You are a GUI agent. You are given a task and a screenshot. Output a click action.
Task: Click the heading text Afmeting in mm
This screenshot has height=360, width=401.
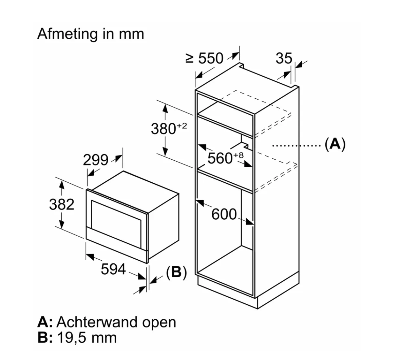pyautogui.click(x=91, y=34)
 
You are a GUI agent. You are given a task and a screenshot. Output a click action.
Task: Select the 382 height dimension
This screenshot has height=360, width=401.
pyautogui.click(x=62, y=204)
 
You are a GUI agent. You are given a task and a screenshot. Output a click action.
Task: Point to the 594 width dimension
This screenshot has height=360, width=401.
pyautogui.click(x=113, y=270)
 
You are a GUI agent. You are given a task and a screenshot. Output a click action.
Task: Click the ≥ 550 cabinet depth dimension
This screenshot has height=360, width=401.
pyautogui.click(x=204, y=58)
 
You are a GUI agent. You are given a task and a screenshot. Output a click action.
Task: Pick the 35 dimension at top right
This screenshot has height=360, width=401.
pyautogui.click(x=284, y=58)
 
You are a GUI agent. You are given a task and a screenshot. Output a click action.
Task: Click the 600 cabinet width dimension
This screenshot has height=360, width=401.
pyautogui.click(x=224, y=214)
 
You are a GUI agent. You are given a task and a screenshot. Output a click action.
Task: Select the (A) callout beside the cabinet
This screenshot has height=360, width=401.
pyautogui.click(x=335, y=144)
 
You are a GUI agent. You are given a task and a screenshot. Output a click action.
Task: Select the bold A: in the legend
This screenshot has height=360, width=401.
pyautogui.click(x=45, y=322)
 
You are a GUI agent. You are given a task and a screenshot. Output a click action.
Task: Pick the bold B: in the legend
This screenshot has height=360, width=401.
pyautogui.click(x=44, y=338)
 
